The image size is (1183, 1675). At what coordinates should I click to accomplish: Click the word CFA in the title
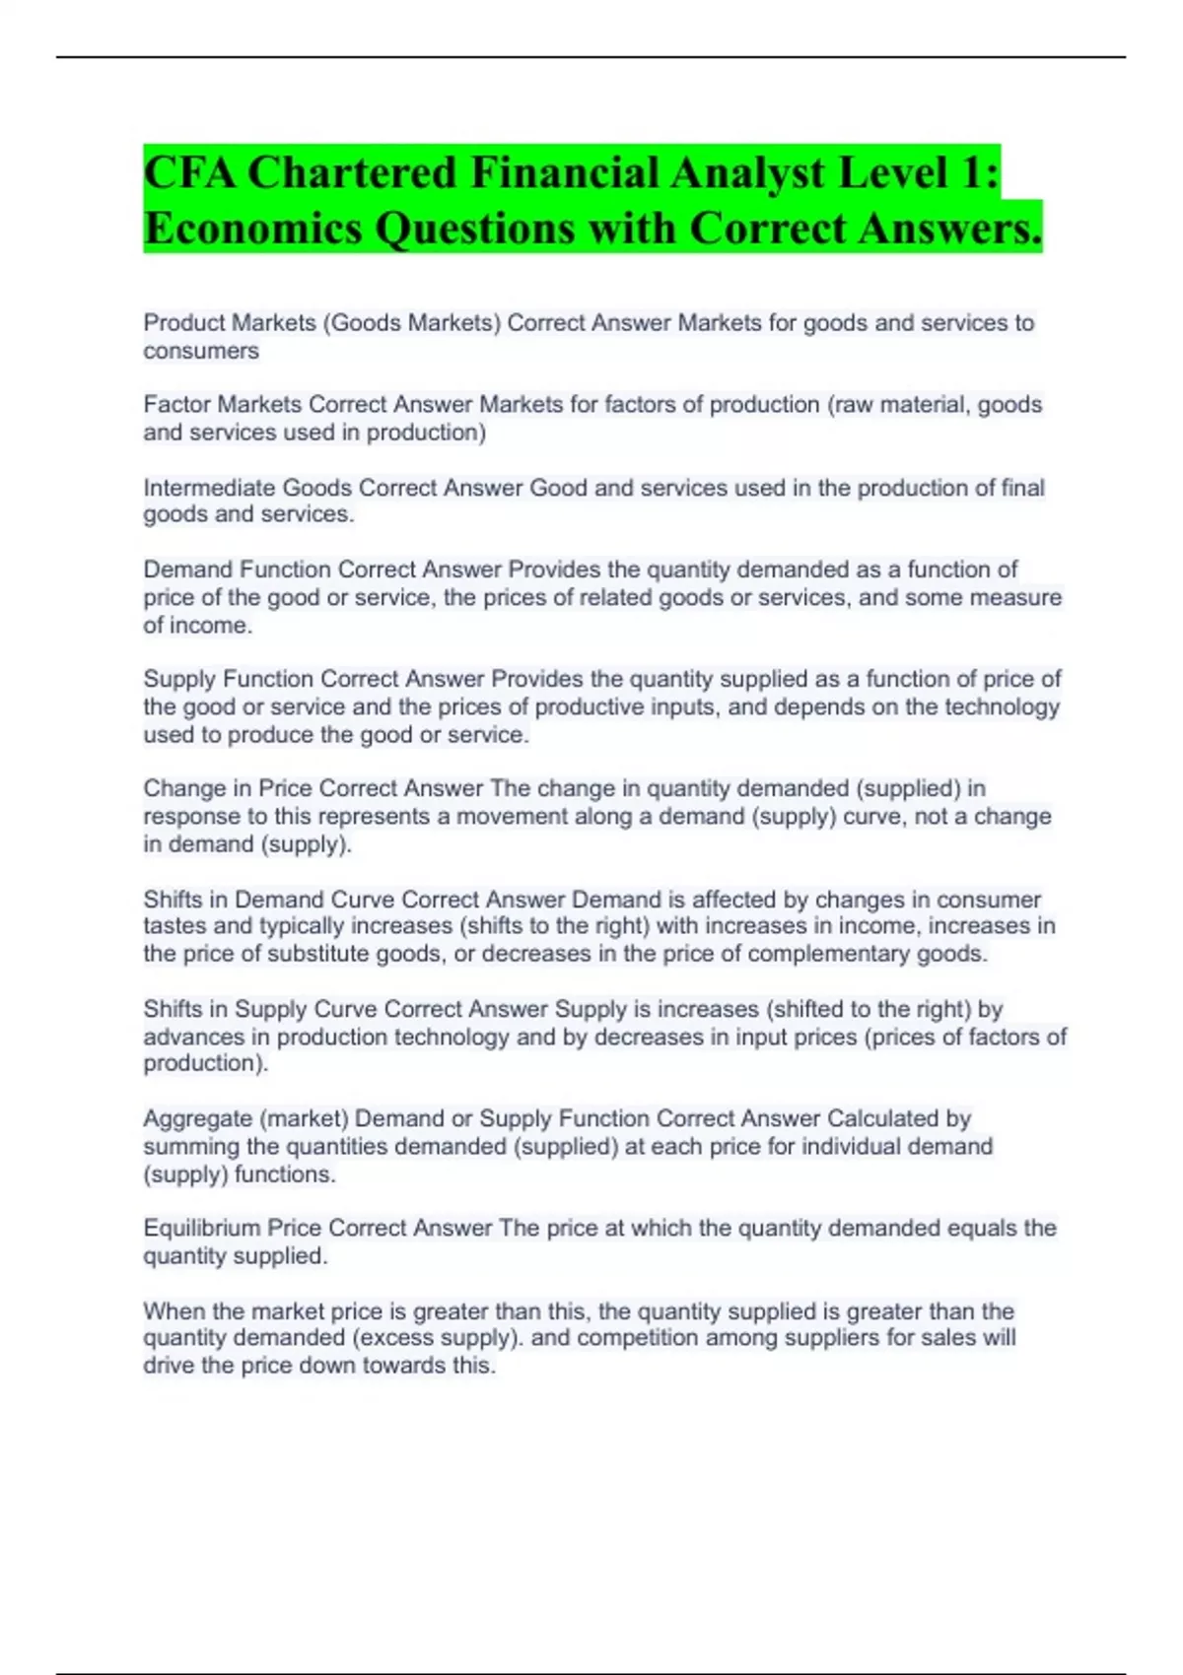pyautogui.click(x=188, y=173)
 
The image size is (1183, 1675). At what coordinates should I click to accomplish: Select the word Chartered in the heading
pyautogui.click(x=352, y=173)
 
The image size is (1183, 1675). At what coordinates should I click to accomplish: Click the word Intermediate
pyautogui.click(x=209, y=488)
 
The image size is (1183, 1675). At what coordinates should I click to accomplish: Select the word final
pyautogui.click(x=1016, y=488)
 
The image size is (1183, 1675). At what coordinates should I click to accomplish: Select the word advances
pyautogui.click(x=185, y=1037)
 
